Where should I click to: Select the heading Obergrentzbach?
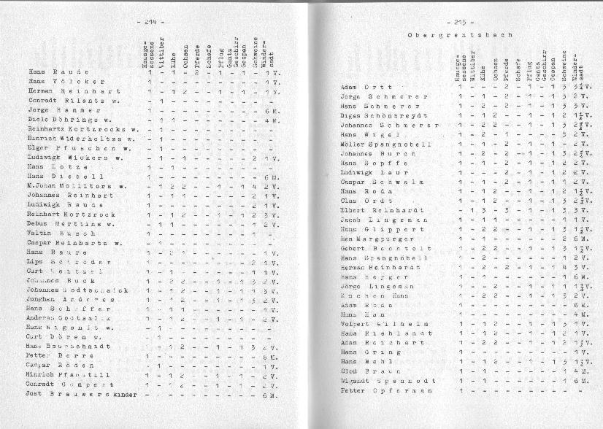coord(460,34)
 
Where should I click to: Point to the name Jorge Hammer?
coord(58,110)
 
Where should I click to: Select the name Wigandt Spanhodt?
coord(388,381)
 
